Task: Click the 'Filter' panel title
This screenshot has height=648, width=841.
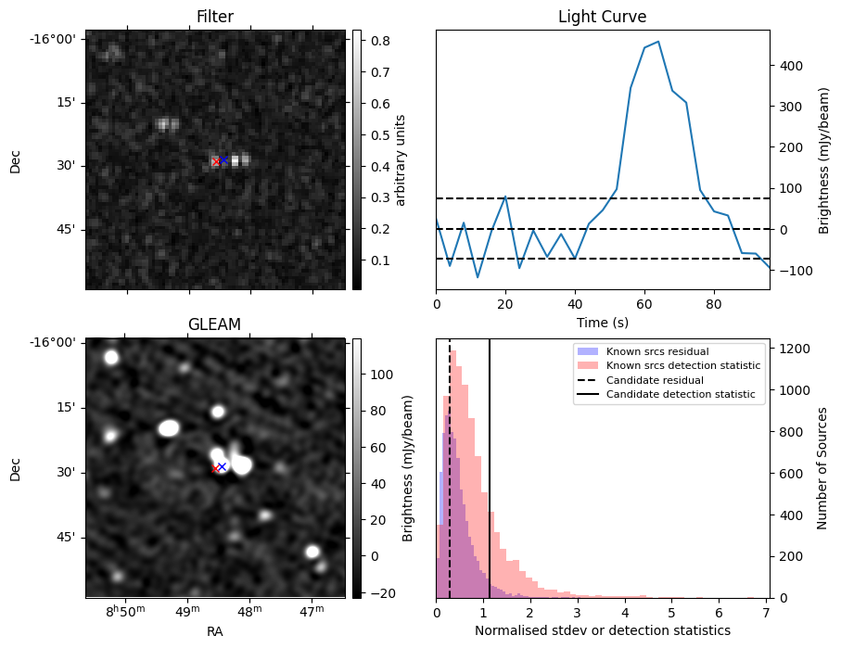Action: coord(215,17)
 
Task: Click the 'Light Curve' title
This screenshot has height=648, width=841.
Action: coord(602,17)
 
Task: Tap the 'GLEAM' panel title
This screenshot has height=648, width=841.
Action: coord(215,324)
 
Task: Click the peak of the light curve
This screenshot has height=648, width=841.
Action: coord(657,42)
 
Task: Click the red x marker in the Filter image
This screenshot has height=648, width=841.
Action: coord(216,162)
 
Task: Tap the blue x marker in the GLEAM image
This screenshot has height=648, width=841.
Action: coord(222,466)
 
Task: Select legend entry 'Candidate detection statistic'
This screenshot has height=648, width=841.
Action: coord(680,395)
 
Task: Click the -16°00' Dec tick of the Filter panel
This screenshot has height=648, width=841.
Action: coord(59,39)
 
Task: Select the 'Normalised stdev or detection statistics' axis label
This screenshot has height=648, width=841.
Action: coord(602,630)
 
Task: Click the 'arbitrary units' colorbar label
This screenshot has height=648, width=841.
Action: coord(401,159)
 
